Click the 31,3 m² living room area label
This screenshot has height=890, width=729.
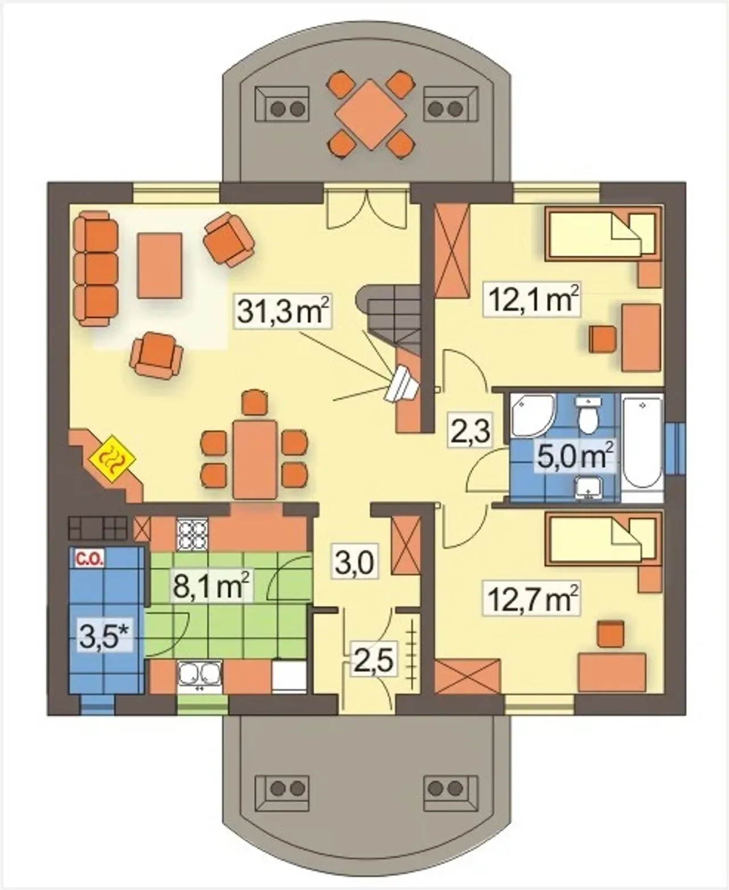coord(283,311)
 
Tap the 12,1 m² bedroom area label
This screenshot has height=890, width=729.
coord(533,300)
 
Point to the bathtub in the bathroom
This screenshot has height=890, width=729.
coord(642,448)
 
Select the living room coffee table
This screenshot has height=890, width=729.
coord(160,265)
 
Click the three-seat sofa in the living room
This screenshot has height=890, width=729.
coord(96,269)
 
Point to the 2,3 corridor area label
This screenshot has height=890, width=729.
coord(470,430)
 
